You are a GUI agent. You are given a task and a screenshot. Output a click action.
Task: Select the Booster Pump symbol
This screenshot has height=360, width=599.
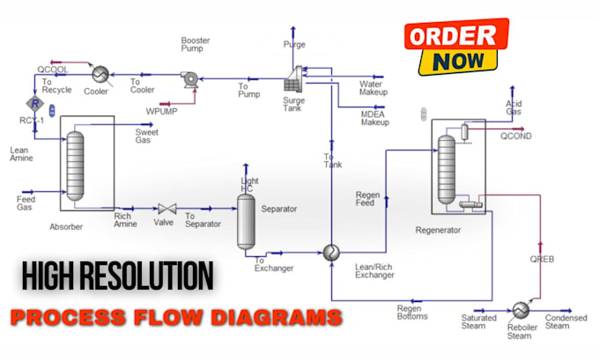pos(189,78)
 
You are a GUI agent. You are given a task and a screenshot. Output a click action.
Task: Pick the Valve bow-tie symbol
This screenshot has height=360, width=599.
pos(166,209)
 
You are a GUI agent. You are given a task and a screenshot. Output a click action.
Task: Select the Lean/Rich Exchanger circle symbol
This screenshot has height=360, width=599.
pos(331,252)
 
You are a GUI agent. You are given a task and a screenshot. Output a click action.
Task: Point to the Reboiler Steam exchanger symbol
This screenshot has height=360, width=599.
pos(521,309)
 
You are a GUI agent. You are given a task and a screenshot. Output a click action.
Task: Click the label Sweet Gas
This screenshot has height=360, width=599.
pos(146,136)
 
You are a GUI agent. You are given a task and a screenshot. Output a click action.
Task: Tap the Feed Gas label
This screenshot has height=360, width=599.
pos(26,204)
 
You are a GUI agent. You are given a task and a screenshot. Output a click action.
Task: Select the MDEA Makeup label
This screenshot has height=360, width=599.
pos(374,118)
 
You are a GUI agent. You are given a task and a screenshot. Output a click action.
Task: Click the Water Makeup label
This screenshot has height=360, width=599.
pos(375,88)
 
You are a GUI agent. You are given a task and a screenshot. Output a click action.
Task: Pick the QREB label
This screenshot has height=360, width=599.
pos(542,260)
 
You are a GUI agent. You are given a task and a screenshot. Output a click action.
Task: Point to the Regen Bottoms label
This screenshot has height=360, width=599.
pos(412,312)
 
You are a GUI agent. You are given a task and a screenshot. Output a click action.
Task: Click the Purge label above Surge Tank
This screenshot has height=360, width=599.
pos(294,44)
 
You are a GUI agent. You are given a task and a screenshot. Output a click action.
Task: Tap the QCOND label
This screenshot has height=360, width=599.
pos(516,136)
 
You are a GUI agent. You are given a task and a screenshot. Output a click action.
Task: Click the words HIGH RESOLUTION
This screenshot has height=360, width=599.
pos(118,276)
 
